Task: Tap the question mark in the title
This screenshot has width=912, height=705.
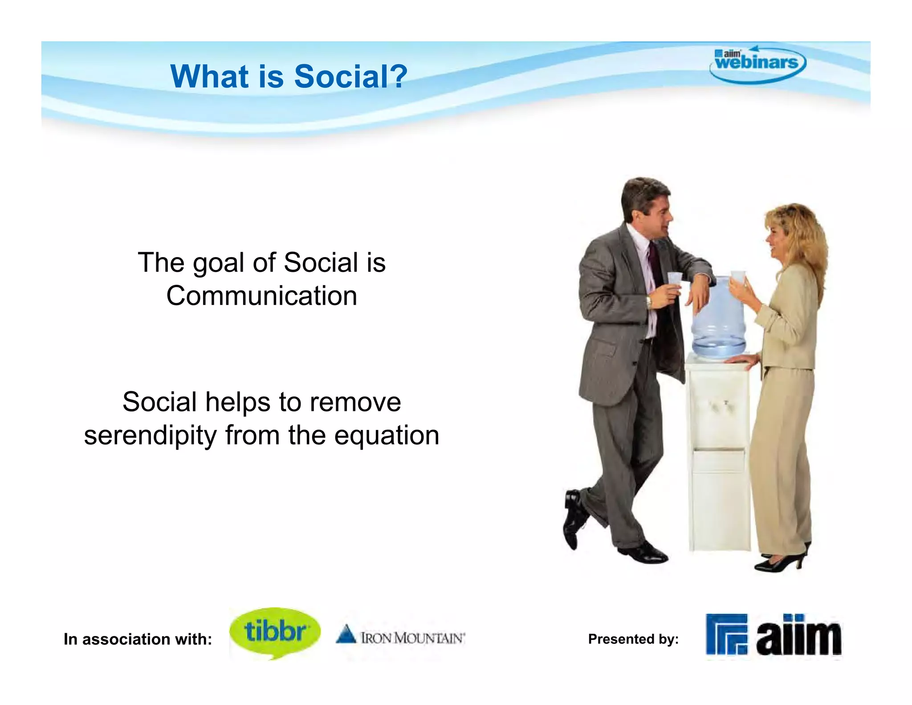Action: pos(398,76)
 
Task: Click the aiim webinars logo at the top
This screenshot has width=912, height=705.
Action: pos(757,64)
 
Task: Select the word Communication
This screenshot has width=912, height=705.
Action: pos(261,296)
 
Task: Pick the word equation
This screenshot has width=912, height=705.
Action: pos(387,435)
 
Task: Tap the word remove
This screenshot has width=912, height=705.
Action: pos(355,402)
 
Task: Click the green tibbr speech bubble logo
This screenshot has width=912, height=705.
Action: pos(275,632)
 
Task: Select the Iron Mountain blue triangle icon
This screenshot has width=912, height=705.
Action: pos(346,635)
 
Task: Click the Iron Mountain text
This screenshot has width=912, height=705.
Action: pos(412,638)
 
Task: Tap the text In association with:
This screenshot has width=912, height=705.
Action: pos(138,639)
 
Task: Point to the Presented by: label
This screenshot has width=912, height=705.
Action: pos(633,639)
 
